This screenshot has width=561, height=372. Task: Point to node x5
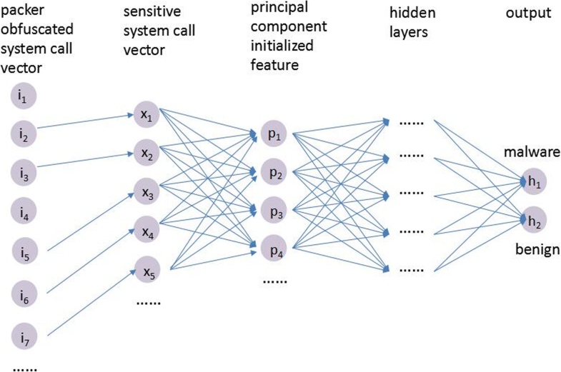coord(144,271)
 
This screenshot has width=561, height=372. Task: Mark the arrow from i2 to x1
coord(86,124)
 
